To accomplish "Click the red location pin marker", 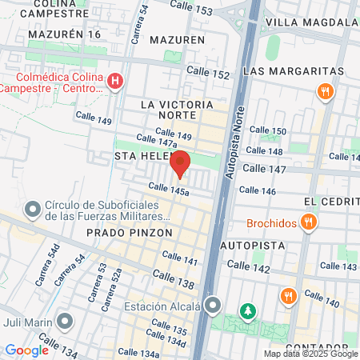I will [180, 163].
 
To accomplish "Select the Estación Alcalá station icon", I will [212, 306].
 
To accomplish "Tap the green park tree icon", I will [248, 310].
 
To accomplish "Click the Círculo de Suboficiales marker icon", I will [33, 210].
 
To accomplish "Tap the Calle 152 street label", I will [208, 74].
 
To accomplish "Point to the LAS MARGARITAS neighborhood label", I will [293, 71].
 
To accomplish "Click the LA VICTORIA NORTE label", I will [177, 105].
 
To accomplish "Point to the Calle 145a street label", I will [169, 189].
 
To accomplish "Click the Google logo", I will [26, 350].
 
